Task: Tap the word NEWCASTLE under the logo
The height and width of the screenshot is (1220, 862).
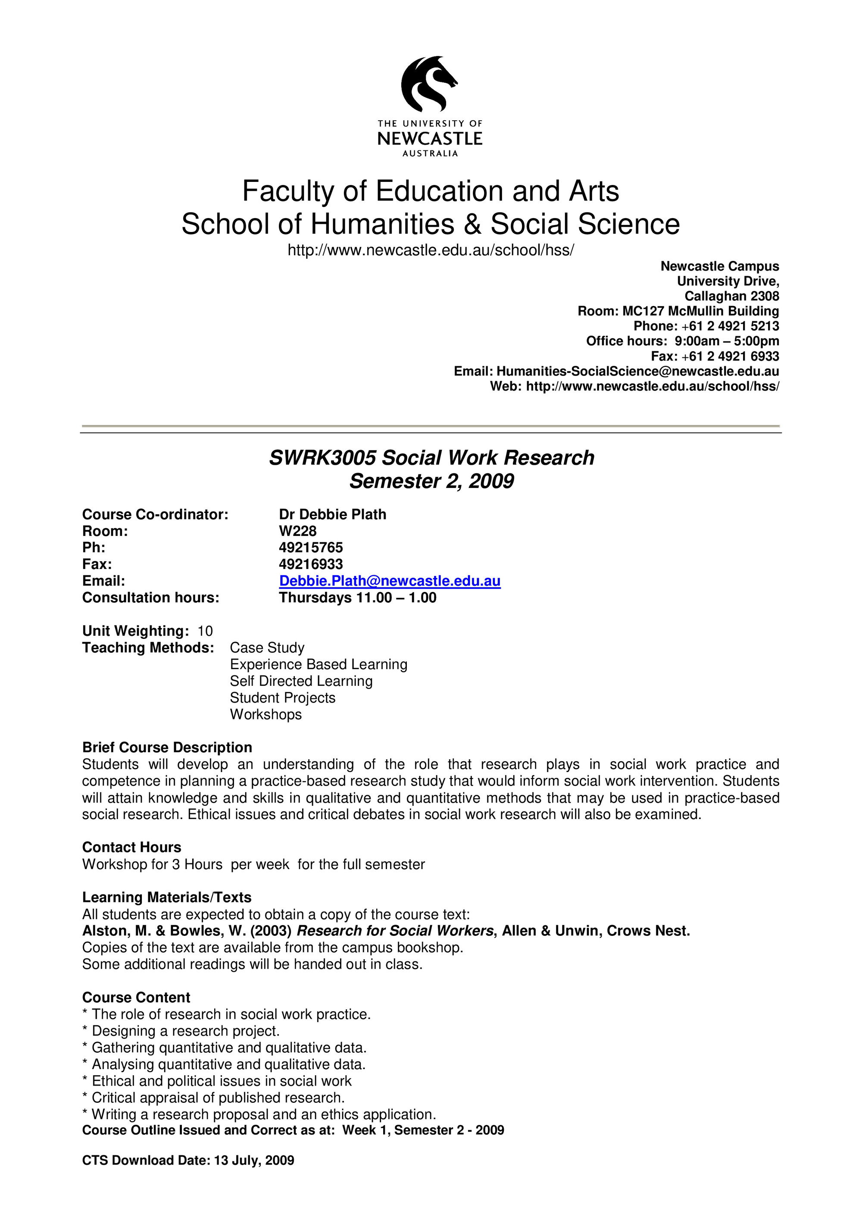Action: [x=430, y=139]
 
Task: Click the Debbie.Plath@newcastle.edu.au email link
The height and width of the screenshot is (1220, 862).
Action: [x=389, y=581]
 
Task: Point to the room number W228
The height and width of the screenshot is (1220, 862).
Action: [x=297, y=531]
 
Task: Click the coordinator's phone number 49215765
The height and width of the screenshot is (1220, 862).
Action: [x=311, y=547]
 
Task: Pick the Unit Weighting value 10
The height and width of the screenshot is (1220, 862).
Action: [x=205, y=631]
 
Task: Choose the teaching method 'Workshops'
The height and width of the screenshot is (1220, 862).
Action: [x=265, y=715]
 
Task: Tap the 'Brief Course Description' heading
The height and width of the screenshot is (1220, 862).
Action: [x=167, y=748]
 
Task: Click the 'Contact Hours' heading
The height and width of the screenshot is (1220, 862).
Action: [x=131, y=848]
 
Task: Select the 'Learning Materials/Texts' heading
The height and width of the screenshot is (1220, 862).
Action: [x=166, y=898]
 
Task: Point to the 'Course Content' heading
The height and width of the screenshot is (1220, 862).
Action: [x=136, y=998]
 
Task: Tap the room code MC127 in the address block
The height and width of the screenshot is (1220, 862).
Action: [x=643, y=311]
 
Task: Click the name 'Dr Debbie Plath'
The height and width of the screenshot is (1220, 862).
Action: [x=332, y=514]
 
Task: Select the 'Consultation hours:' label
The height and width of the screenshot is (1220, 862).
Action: [x=150, y=598]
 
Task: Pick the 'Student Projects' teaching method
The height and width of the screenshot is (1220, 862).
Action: [x=283, y=698]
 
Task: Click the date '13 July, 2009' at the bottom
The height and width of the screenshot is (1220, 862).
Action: [x=254, y=1175]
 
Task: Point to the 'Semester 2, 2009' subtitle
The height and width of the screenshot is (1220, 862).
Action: [x=431, y=481]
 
